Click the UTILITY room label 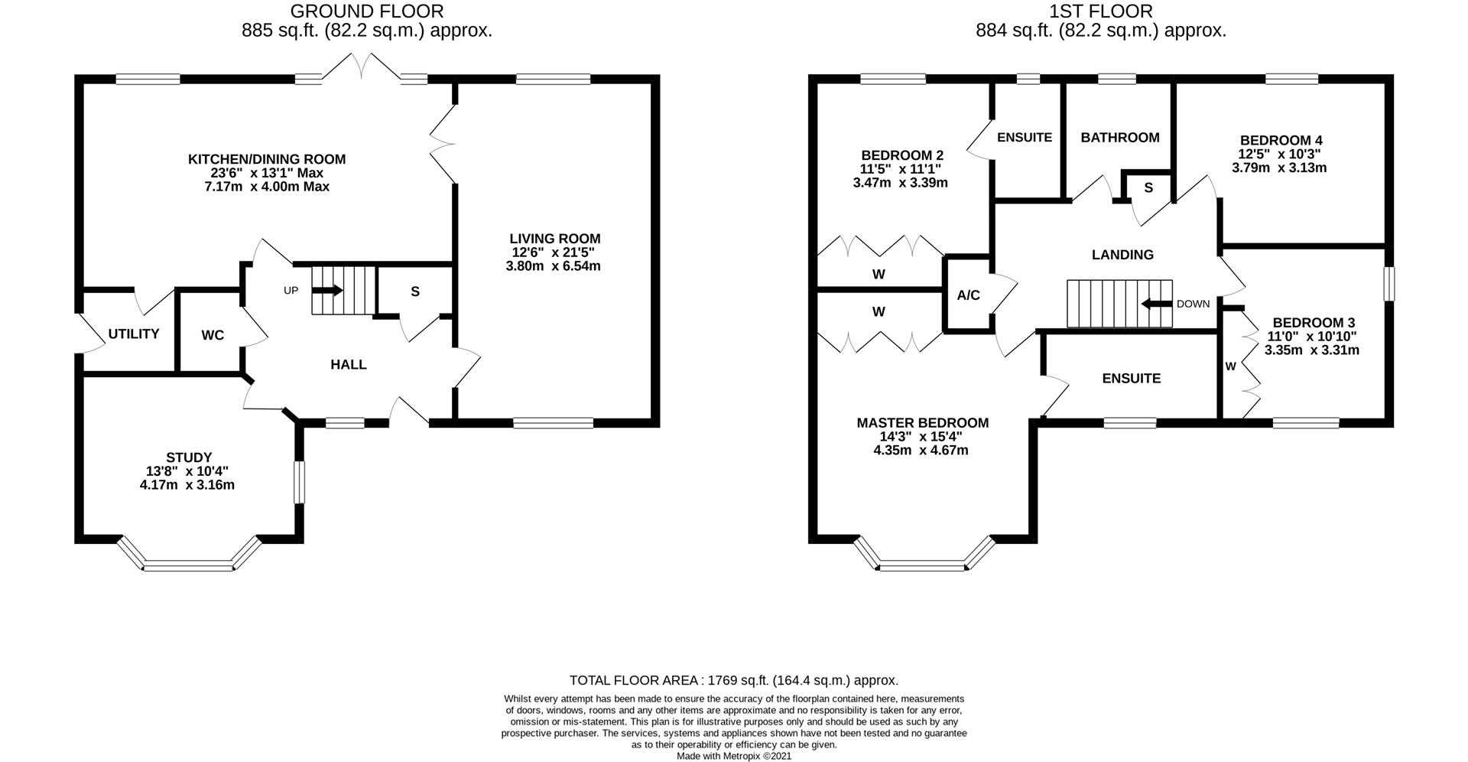(134, 334)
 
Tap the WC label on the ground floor (213, 335)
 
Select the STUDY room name (189, 458)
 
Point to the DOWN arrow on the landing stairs (1156, 304)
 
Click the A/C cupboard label (969, 295)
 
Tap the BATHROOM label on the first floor (1120, 138)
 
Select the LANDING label (1122, 255)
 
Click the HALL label (349, 365)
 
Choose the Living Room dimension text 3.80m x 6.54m (554, 266)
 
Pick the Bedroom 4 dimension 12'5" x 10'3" (1280, 154)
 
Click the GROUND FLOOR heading (367, 11)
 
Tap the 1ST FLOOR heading (1101, 11)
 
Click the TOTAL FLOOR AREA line (734, 680)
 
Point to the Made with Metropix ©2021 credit (734, 756)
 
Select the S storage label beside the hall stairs (415, 291)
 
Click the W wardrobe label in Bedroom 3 (1231, 366)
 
